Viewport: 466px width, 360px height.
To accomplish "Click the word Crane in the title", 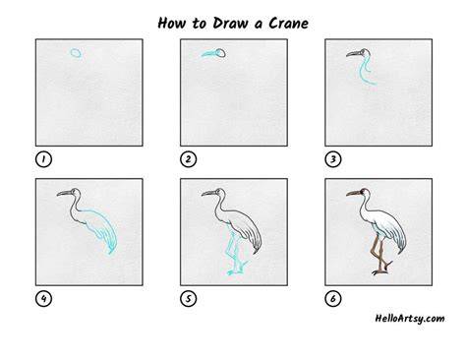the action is click(x=289, y=24).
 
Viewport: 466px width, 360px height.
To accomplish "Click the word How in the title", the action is click(x=172, y=24).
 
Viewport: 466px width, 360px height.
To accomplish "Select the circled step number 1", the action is click(x=43, y=159).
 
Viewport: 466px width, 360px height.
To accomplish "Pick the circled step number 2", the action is click(x=189, y=159).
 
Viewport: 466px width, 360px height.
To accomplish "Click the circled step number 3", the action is click(x=333, y=159).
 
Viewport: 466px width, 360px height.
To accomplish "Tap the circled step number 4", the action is click(x=43, y=299).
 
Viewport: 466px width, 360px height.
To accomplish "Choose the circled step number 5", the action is click(x=189, y=299).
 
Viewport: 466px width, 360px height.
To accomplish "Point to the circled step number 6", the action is click(x=333, y=299).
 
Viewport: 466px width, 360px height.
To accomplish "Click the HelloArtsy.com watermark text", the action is click(x=410, y=319).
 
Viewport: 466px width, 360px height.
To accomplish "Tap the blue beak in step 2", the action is click(x=208, y=54).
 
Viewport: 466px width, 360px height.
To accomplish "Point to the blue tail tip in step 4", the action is click(x=111, y=251).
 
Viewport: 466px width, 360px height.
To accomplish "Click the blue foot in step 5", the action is click(x=235, y=271).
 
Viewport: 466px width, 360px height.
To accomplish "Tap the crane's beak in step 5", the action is click(x=208, y=193).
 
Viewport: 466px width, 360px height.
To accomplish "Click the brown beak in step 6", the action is click(x=353, y=194).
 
